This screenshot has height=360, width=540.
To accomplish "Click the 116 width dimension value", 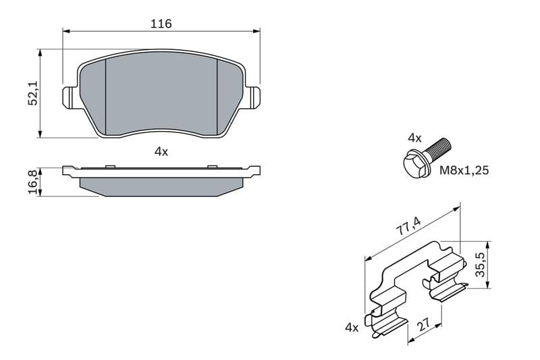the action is [161, 24].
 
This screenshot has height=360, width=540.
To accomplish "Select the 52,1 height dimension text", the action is [33, 94].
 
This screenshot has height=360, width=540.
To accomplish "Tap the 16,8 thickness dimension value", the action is [33, 182].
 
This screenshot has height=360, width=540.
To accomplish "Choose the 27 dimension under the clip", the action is [423, 324].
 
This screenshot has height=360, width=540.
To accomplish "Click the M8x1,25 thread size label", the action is [464, 170].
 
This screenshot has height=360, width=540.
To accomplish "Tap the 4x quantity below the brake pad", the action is [161, 151].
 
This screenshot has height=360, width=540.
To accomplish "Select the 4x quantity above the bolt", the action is [414, 138].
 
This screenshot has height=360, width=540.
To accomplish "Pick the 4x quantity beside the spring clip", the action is [352, 328].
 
